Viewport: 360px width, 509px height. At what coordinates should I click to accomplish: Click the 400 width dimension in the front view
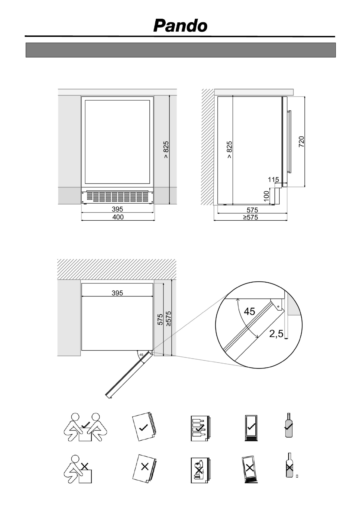[x=118, y=217]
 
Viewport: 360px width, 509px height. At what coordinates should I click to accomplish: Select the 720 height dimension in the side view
[x=301, y=142]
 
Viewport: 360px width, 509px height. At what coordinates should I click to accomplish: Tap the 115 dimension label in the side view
[x=273, y=180]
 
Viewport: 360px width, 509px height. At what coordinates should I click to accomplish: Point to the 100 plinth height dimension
[x=266, y=196]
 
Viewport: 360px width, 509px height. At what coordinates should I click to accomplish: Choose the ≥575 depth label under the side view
[x=251, y=217]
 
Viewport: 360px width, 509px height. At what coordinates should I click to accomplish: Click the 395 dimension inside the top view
[x=117, y=293]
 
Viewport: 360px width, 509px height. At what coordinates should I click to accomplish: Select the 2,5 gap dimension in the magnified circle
[x=276, y=334]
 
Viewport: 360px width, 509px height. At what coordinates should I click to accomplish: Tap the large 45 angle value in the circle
[x=249, y=311]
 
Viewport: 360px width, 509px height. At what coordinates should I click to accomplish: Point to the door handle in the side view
[x=289, y=142]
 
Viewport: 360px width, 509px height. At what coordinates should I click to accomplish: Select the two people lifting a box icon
[x=86, y=427]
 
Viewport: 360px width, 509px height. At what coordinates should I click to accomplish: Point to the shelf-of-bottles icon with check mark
[x=199, y=429]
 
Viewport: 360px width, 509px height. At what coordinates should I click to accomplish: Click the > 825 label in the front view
[x=166, y=150]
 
